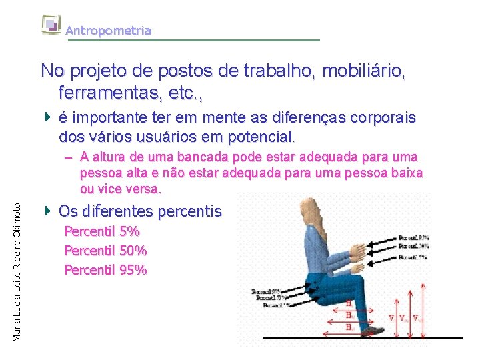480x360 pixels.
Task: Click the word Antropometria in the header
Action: point(108,31)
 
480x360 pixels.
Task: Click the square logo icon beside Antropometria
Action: point(51,25)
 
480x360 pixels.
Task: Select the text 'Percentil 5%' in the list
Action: point(101,232)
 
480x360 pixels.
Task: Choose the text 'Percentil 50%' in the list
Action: point(105,251)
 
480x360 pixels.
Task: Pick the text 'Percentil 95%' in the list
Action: point(105,270)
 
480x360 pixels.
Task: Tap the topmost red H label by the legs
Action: point(349,303)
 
